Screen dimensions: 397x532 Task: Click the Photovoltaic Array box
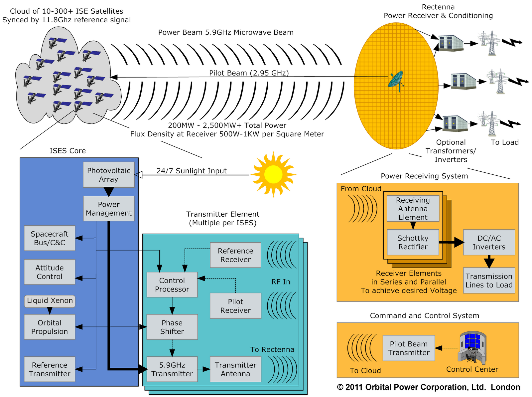(109, 175)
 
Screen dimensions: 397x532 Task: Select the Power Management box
(109, 209)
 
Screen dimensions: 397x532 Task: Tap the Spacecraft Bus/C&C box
(50, 238)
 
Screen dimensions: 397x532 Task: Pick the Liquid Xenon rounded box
(50, 301)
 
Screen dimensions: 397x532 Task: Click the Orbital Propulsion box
(50, 327)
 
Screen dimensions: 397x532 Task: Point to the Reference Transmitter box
(50, 369)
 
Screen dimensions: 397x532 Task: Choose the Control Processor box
(172, 285)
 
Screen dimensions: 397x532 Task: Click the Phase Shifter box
(172, 327)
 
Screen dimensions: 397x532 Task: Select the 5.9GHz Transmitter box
(172, 369)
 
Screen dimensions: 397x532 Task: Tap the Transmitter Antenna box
(235, 369)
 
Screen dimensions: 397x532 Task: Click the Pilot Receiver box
(235, 306)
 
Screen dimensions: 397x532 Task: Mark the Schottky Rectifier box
(413, 243)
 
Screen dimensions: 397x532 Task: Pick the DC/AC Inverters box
(489, 243)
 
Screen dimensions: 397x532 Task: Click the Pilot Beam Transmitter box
(409, 348)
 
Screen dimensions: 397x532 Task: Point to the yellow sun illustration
(273, 174)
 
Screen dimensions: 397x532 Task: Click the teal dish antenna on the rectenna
(396, 80)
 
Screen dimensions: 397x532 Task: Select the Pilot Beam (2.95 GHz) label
(249, 73)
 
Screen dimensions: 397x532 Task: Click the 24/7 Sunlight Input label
(192, 171)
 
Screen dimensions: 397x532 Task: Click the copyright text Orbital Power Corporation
(428, 387)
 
